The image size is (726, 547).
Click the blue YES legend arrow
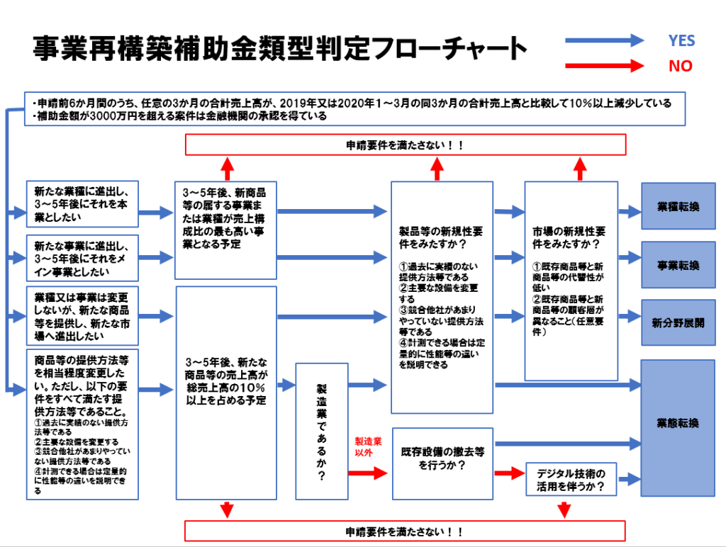[603, 41]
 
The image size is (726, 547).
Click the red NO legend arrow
[603, 67]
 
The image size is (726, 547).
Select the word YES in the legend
[681, 41]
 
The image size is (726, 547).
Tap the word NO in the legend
[680, 67]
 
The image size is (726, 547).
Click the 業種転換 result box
[678, 206]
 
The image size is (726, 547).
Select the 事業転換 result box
[678, 265]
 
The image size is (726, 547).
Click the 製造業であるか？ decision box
[321, 432]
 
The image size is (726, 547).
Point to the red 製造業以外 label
[368, 446]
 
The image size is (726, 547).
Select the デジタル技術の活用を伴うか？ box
[571, 480]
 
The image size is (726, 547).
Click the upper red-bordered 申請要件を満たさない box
[405, 145]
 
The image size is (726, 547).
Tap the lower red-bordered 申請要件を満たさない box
[405, 531]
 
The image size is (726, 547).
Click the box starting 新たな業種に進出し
[82, 205]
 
